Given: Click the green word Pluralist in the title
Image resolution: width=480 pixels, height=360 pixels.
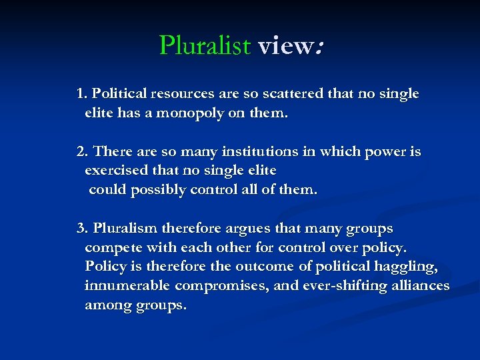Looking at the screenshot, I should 204,45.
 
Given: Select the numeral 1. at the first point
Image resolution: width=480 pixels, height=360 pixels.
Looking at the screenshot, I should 83,94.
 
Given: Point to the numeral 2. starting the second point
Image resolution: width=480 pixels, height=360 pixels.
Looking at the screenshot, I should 83,152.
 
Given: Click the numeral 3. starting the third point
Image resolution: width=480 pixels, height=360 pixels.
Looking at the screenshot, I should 83,229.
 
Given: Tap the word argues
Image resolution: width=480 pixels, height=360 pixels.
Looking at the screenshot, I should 247,229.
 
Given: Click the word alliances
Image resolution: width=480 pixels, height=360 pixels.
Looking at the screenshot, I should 422,286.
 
